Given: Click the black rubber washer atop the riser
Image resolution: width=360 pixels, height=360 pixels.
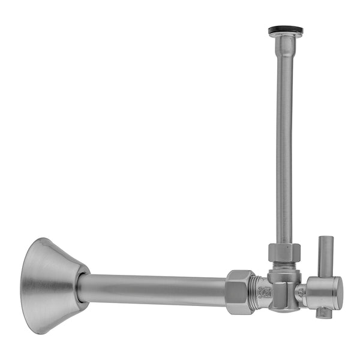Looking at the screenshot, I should click(286, 29).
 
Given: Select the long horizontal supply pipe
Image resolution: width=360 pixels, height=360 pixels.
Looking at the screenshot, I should click(153, 289).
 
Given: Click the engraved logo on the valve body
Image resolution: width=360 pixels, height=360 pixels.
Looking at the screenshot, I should click(265, 293).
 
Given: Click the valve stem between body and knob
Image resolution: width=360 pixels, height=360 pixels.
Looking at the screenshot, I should click(302, 292).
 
